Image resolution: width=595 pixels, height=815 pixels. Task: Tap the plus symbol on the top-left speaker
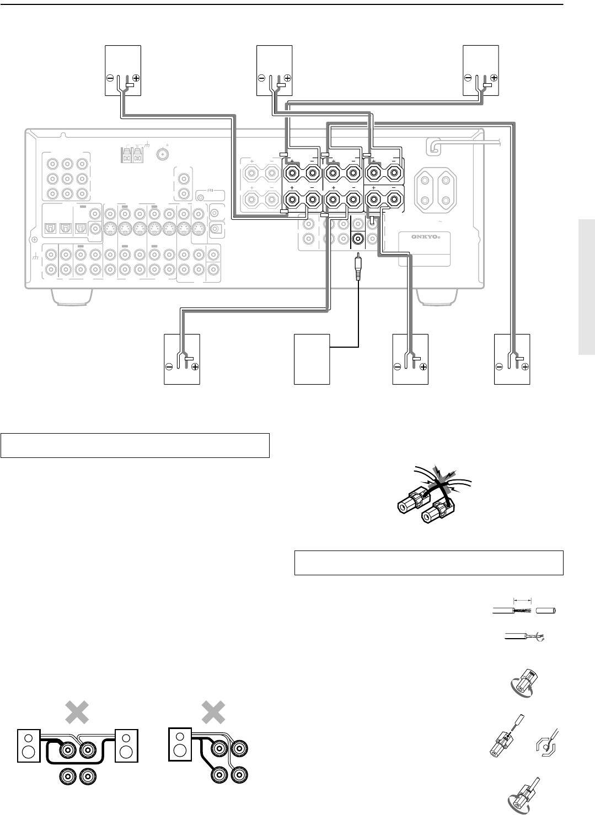point(136,78)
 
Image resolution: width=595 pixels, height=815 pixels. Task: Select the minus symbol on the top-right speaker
point(468,78)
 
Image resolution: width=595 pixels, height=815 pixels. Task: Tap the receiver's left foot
point(72,295)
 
